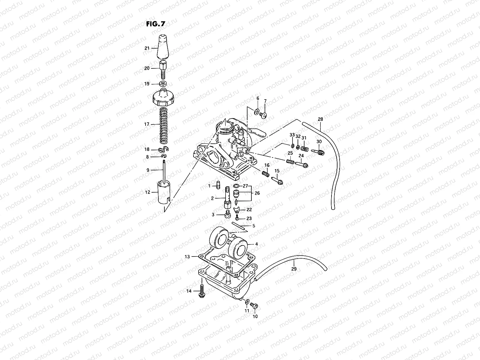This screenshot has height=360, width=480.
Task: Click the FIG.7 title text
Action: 155,24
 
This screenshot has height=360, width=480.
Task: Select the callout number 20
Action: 147,68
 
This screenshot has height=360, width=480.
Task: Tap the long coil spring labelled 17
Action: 164,124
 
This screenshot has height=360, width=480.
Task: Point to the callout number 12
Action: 148,192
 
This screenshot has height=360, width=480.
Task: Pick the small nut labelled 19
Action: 164,83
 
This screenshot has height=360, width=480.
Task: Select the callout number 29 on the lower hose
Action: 294,269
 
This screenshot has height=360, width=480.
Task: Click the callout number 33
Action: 292,134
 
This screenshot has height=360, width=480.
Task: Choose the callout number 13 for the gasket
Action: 187,256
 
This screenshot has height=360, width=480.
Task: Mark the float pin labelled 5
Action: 239,226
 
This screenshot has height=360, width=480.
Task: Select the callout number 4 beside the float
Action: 256,244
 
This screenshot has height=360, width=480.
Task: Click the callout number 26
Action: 257,193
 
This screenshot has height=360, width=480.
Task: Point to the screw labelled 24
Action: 301,164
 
